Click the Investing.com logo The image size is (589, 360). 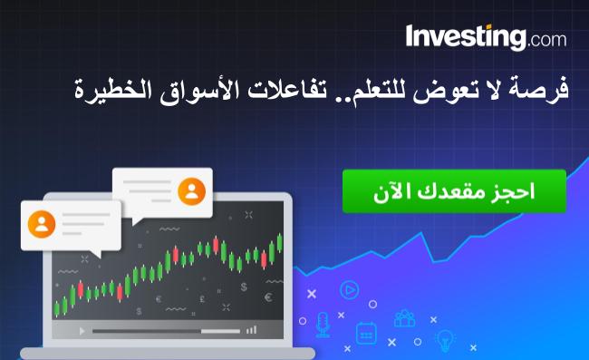coord(486,38)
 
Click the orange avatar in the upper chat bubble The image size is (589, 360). coord(191,191)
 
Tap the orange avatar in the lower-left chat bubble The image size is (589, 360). coord(42,223)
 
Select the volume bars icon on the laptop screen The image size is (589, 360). coord(250,330)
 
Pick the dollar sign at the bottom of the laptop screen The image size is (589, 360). coord(243,287)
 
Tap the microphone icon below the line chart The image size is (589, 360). coord(323,323)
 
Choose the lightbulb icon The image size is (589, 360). coord(445,339)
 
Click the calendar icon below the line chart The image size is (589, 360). coord(365,333)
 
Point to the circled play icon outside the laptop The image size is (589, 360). coord(347,290)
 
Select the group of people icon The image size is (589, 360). coord(404,318)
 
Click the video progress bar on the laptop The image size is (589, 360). coord(163,331)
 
